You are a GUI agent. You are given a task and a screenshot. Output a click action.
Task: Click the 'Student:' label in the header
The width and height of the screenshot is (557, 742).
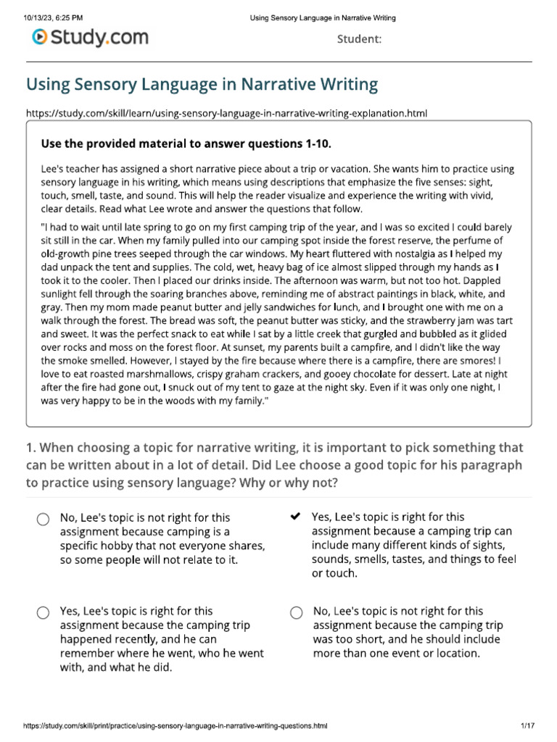(359, 39)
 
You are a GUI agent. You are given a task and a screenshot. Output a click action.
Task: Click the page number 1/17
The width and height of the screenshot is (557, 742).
(527, 725)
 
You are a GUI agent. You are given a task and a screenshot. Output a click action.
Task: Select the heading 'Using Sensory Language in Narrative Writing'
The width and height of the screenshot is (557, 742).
(202, 84)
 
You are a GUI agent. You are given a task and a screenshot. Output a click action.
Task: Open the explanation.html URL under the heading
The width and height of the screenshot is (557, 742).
(226, 113)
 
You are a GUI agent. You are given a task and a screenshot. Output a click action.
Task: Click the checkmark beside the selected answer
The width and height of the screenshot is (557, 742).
(294, 517)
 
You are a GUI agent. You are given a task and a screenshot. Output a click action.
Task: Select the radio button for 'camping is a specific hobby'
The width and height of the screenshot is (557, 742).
(43, 519)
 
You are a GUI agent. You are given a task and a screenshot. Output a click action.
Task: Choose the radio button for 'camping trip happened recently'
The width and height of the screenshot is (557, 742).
(43, 613)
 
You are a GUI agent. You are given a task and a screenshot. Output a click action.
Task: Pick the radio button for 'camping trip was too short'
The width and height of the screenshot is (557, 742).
(295, 613)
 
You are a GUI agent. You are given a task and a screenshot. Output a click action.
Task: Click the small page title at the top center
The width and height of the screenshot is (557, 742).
(323, 17)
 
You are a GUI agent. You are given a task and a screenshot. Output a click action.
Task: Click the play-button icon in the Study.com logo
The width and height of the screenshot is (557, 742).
(41, 36)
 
